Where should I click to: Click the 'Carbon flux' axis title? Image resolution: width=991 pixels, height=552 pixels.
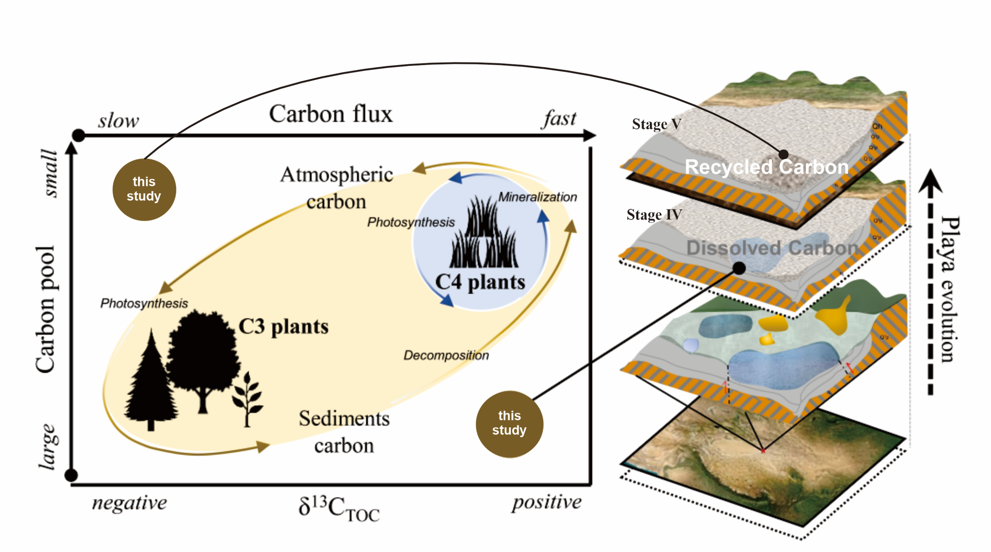click(x=331, y=114)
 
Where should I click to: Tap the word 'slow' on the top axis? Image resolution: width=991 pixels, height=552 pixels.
click(x=119, y=121)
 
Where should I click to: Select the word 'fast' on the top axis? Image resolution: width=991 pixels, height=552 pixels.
click(x=559, y=119)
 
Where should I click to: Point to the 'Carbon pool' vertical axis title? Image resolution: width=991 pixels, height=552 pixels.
click(x=45, y=310)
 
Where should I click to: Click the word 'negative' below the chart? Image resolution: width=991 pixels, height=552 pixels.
click(x=130, y=502)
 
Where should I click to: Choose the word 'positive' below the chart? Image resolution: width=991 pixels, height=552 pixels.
click(x=547, y=502)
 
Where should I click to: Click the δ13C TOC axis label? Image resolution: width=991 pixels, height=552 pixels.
click(x=339, y=508)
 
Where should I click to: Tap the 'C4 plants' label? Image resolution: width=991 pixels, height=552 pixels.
click(x=480, y=282)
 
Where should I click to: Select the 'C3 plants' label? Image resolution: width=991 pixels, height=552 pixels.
click(x=284, y=327)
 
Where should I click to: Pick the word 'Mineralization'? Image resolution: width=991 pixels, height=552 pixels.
click(x=537, y=197)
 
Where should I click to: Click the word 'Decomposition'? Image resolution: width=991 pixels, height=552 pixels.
click(x=446, y=355)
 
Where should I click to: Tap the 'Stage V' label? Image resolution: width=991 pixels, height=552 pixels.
click(x=656, y=124)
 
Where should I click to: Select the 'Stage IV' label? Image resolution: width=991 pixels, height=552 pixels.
click(x=654, y=214)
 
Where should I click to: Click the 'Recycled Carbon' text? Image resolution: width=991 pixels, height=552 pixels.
click(x=766, y=167)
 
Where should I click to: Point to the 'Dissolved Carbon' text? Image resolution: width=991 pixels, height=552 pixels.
click(x=772, y=248)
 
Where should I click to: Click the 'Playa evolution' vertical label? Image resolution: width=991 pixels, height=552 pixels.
click(x=949, y=289)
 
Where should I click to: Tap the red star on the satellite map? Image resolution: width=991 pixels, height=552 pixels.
click(x=763, y=450)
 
